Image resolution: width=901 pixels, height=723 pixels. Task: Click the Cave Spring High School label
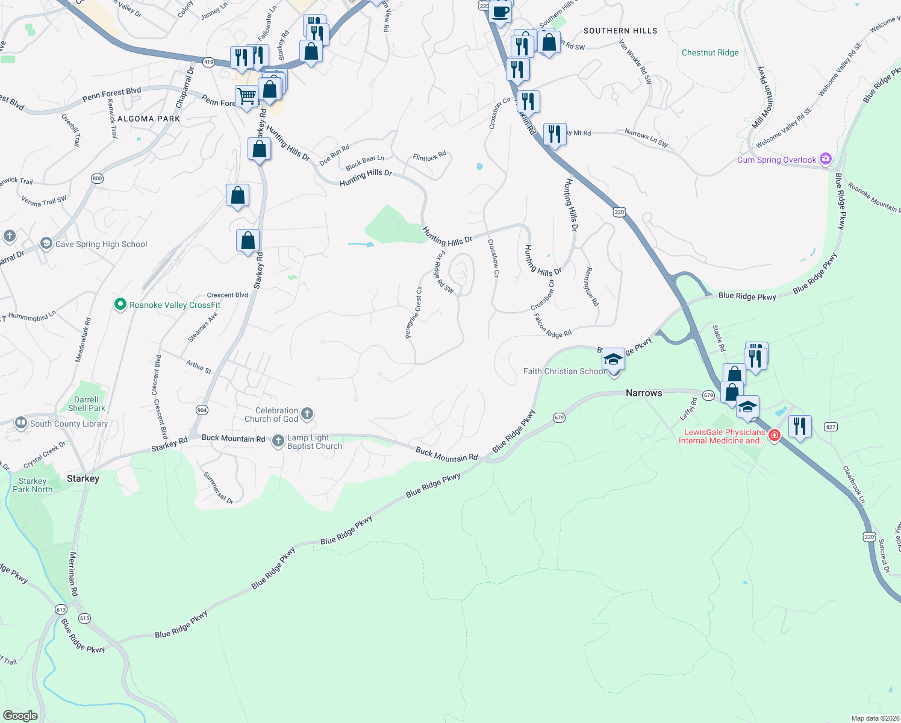(101, 244)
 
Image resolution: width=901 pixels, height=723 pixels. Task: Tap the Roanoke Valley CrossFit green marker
(120, 304)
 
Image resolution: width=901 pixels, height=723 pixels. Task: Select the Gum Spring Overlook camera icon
(826, 159)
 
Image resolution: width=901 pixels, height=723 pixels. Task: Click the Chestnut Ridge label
(710, 53)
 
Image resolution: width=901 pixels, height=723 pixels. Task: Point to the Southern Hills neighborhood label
(620, 31)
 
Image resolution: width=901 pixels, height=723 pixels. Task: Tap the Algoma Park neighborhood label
(149, 119)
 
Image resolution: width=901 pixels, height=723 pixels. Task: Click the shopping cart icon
(246, 96)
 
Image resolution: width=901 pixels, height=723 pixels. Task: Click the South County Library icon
(21, 423)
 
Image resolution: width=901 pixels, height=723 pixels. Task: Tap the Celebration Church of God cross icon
(307, 413)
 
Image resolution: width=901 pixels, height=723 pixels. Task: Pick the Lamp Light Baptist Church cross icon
(278, 441)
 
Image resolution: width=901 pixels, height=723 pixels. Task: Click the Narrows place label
(644, 393)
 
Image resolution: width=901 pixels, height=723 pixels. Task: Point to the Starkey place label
(83, 478)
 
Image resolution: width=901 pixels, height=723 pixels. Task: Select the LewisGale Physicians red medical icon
(775, 436)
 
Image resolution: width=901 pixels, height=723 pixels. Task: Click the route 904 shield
(202, 410)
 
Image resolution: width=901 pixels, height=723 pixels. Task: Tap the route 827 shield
(831, 427)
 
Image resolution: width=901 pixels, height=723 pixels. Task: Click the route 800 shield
(98, 178)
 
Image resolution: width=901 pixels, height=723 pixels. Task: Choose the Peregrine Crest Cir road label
(413, 312)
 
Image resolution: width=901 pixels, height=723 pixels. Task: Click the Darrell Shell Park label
(87, 404)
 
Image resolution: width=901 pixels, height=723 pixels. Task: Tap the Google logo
(20, 716)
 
